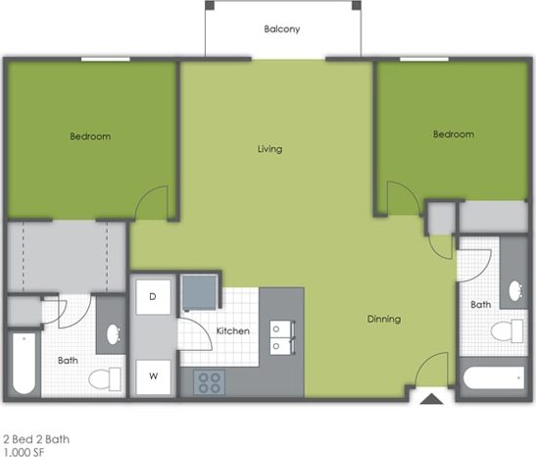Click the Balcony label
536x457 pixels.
click(282, 28)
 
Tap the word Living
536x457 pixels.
click(269, 149)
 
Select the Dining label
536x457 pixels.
click(383, 319)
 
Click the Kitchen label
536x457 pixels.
click(232, 330)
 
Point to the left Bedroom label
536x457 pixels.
click(90, 136)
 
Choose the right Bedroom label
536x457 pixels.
click(454, 134)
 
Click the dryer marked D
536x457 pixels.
click(154, 295)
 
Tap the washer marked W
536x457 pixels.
click(154, 375)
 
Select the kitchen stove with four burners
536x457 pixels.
click(209, 381)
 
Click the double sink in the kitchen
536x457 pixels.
click(282, 336)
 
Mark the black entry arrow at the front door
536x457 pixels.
click(429, 399)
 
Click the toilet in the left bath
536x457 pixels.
click(104, 377)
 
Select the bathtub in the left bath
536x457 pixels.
click(23, 364)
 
